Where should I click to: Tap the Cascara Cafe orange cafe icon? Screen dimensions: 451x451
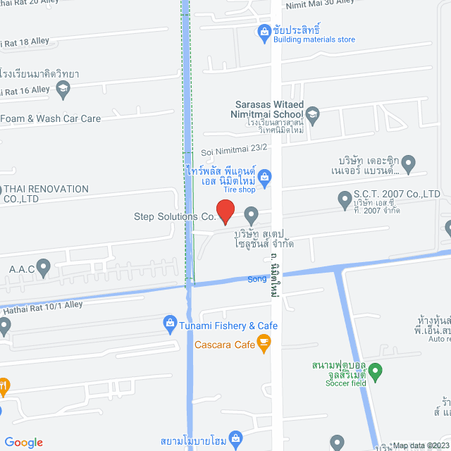(264, 344)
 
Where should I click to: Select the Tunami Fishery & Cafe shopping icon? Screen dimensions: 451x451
(169, 325)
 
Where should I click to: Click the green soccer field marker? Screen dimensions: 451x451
(376, 370)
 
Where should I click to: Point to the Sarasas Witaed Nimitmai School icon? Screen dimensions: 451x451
(313, 114)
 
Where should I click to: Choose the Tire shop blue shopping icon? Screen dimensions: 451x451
(265, 176)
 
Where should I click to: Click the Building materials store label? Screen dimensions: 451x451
(314, 39)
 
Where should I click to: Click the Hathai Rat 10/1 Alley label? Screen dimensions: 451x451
(42, 305)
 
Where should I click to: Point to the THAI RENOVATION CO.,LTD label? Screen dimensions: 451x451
(47, 194)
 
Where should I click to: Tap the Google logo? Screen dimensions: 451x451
(23, 442)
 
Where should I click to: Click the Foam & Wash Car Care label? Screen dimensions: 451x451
(51, 118)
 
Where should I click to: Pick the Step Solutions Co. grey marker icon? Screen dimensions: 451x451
(251, 214)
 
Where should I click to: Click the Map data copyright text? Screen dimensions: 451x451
(421, 445)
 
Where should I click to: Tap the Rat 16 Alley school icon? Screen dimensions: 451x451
(63, 88)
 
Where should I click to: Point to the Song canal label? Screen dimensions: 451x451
(257, 279)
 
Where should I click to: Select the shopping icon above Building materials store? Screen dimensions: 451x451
(264, 31)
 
